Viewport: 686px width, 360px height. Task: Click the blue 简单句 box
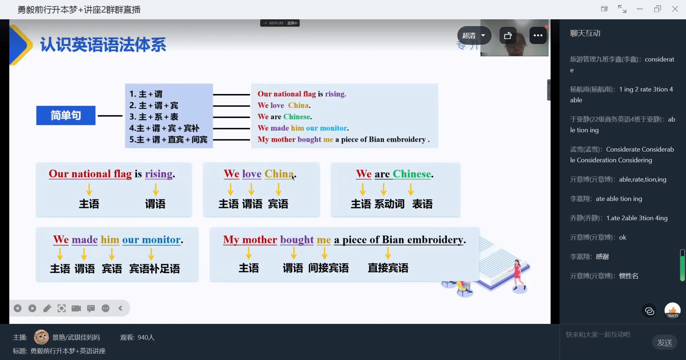(x=66, y=115)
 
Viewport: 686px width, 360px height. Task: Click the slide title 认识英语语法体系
(x=103, y=45)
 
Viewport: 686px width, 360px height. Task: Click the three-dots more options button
(x=538, y=35)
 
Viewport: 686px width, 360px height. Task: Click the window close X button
(x=675, y=9)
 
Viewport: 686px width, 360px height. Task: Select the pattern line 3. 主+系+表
(x=154, y=117)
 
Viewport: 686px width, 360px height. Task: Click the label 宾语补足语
(x=154, y=268)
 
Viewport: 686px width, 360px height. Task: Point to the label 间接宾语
(x=328, y=268)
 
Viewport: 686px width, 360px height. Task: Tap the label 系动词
(x=389, y=204)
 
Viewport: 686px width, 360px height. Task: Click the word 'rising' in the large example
(x=159, y=174)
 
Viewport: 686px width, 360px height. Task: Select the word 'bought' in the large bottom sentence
(x=297, y=240)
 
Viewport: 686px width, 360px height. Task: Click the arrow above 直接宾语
(x=388, y=253)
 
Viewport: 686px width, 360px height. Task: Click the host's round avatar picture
(x=41, y=337)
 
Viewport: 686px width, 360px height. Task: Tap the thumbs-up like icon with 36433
(x=672, y=311)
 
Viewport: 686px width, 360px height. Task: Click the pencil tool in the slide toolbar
(x=47, y=308)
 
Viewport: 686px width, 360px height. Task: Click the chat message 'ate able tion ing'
(x=619, y=199)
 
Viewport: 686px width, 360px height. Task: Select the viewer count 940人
(x=146, y=337)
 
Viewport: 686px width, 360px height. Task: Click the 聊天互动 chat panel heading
(x=585, y=33)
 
